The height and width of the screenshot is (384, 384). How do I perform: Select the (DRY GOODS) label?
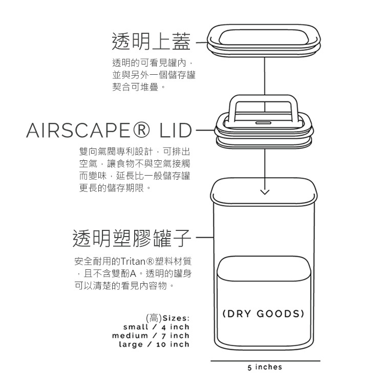pyautogui.click(x=264, y=313)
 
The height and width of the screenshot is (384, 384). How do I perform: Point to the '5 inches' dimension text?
pyautogui.click(x=264, y=367)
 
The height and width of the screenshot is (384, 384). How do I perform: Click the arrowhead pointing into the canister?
pyautogui.click(x=264, y=193)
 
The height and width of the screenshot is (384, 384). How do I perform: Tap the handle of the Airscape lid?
pyautogui.click(x=264, y=100)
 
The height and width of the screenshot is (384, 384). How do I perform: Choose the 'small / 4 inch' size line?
pyautogui.click(x=156, y=327)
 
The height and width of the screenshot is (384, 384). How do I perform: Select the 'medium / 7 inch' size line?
pyautogui.click(x=151, y=335)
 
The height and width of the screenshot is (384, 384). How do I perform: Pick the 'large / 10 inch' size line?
pyautogui.click(x=154, y=344)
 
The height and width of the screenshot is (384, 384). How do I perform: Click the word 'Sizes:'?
pyautogui.click(x=176, y=318)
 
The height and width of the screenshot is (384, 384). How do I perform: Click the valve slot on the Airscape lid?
pyautogui.click(x=264, y=123)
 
